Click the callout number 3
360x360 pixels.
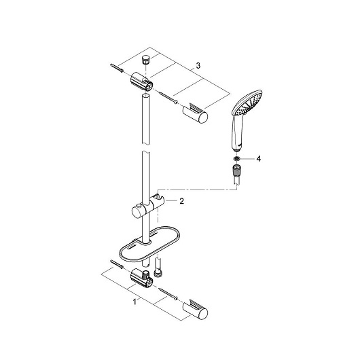tap(198, 65)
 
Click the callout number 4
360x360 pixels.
tap(259, 159)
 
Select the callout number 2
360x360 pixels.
tap(181, 201)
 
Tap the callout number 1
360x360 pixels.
tap(134, 302)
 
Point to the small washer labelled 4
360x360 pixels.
tap(236, 158)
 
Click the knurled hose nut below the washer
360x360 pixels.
tap(236, 170)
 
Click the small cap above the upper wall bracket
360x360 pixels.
tap(145, 60)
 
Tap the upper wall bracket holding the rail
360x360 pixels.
tap(142, 82)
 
